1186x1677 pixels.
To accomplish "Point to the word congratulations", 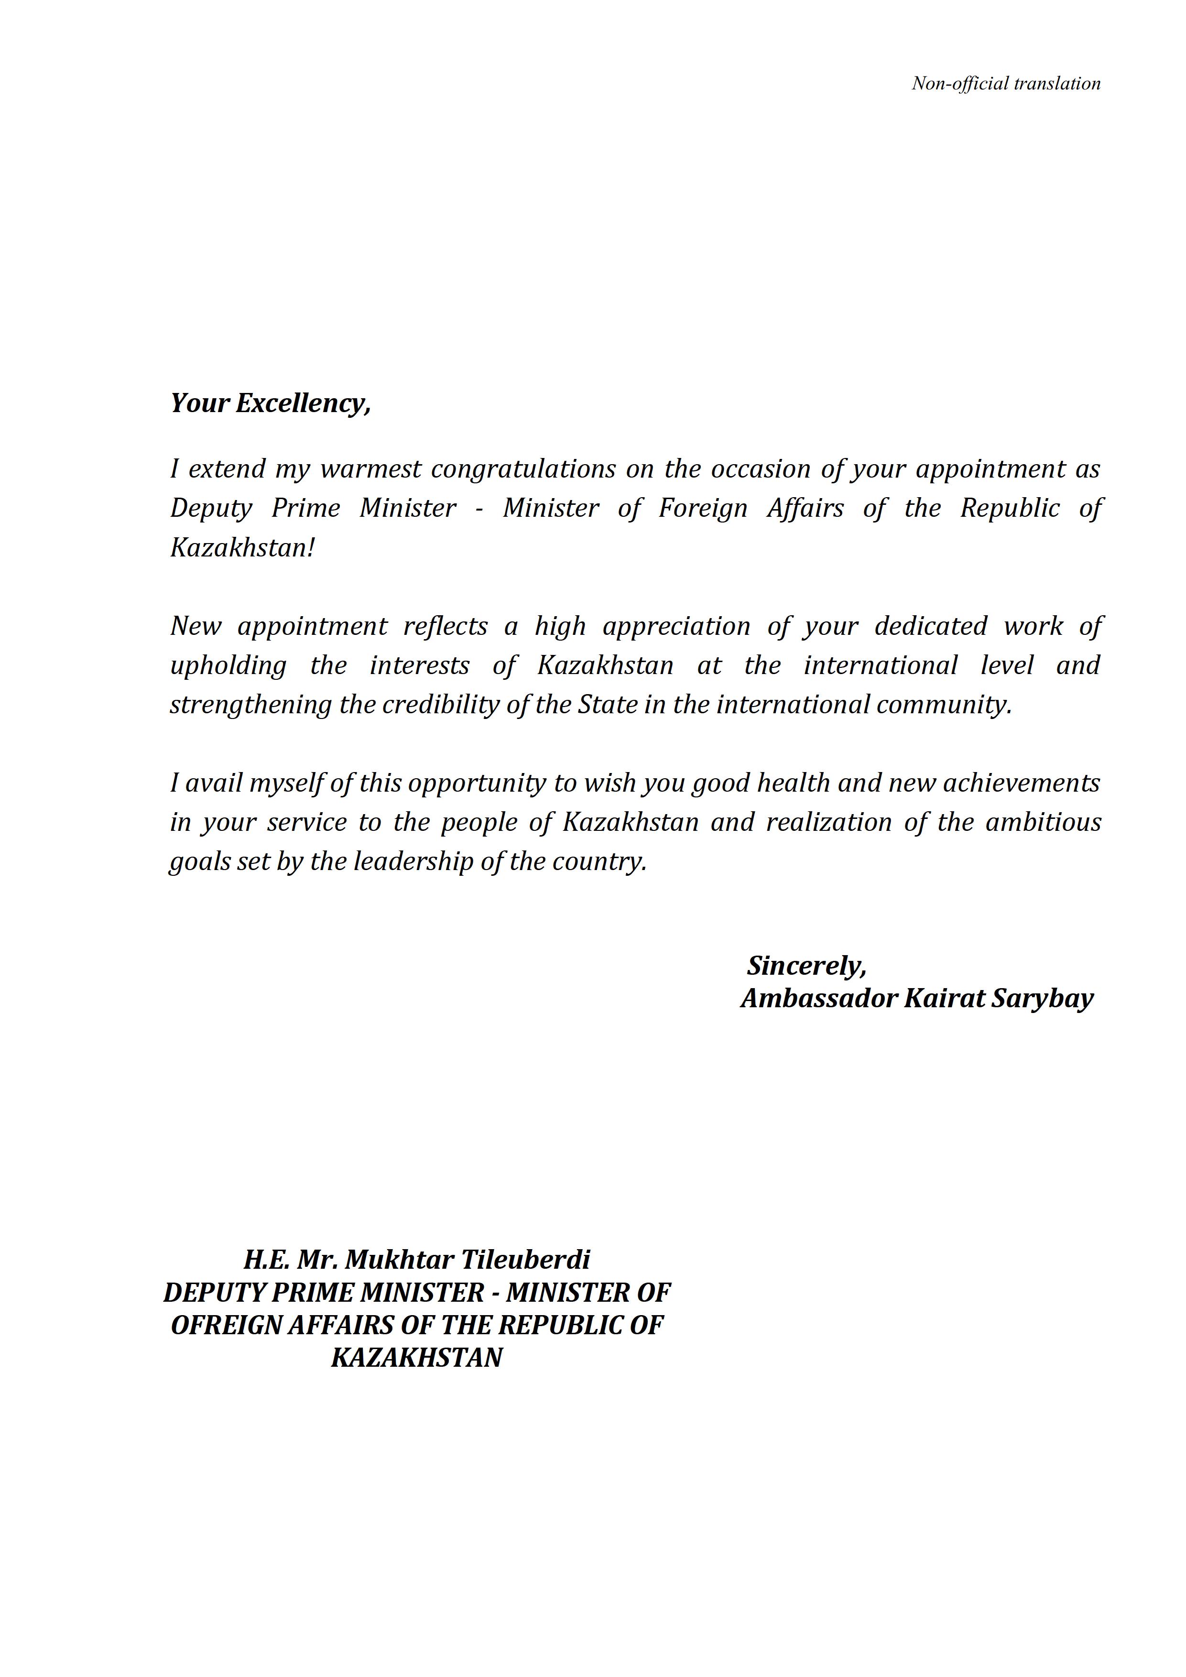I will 523,469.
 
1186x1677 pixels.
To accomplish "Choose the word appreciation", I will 676,626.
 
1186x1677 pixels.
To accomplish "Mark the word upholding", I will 228,665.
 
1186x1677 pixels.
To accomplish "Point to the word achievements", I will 1021,783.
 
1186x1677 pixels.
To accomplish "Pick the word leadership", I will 413,862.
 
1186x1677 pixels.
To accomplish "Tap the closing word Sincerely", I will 806,966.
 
